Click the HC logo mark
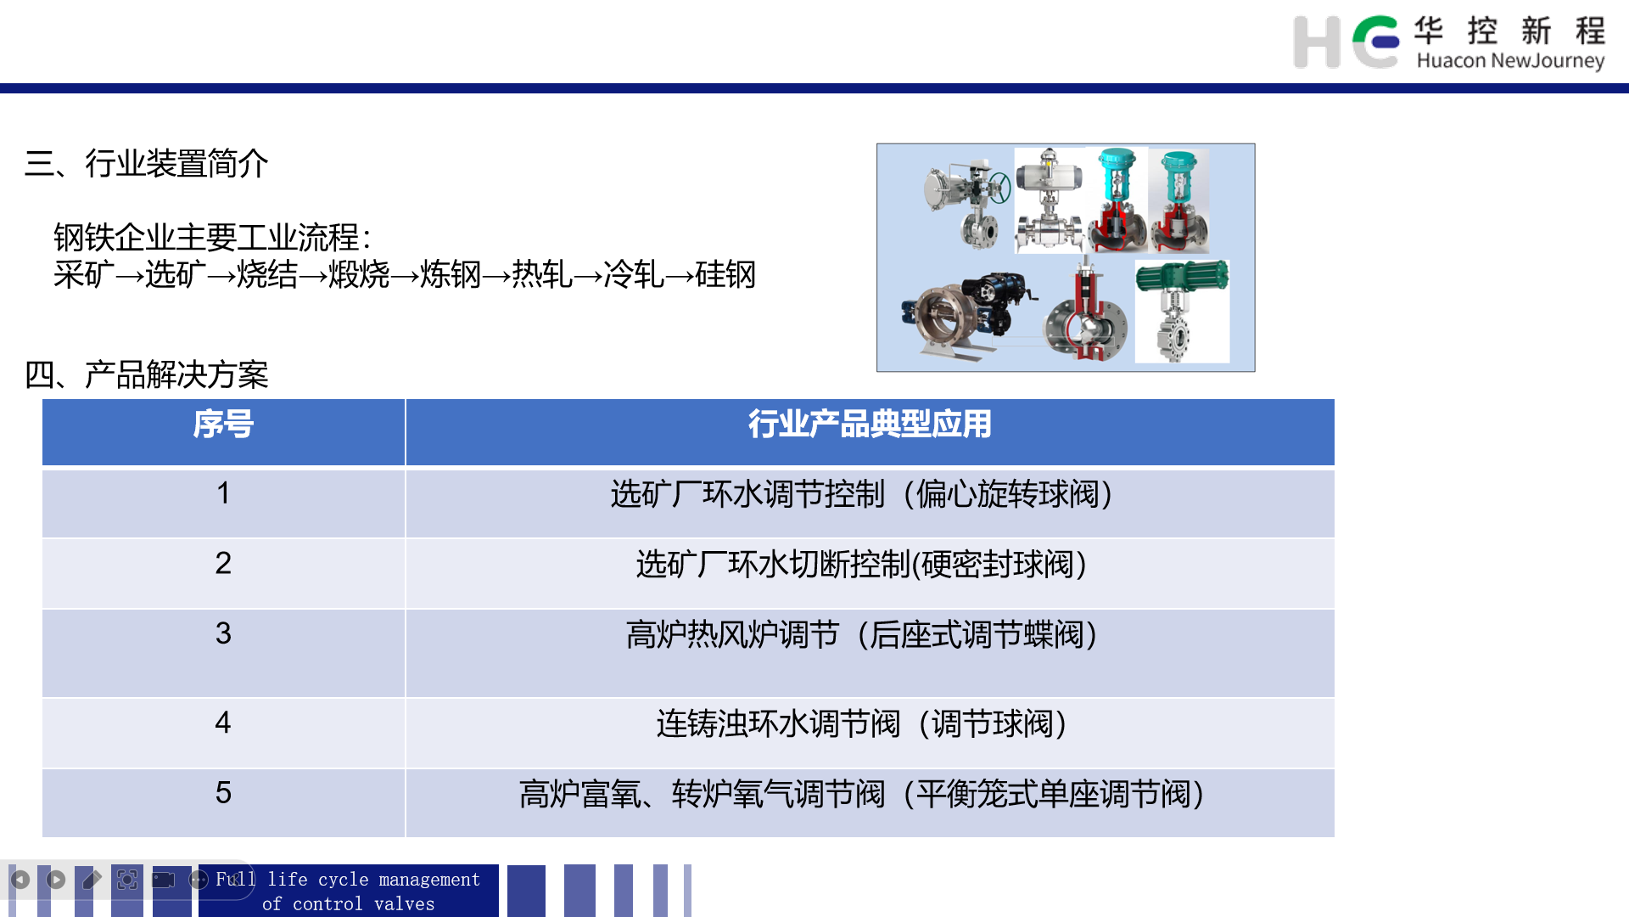click(1346, 42)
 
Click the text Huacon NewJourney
click(1510, 60)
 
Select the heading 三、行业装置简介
click(147, 163)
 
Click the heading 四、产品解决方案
click(147, 374)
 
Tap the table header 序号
click(223, 424)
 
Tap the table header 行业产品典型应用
click(870, 424)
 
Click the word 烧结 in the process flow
click(267, 274)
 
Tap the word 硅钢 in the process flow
click(725, 274)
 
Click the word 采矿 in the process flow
click(84, 274)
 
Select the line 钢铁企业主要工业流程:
click(212, 237)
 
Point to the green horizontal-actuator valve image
click(1182, 311)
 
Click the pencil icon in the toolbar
click(92, 880)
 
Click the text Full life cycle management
click(348, 879)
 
